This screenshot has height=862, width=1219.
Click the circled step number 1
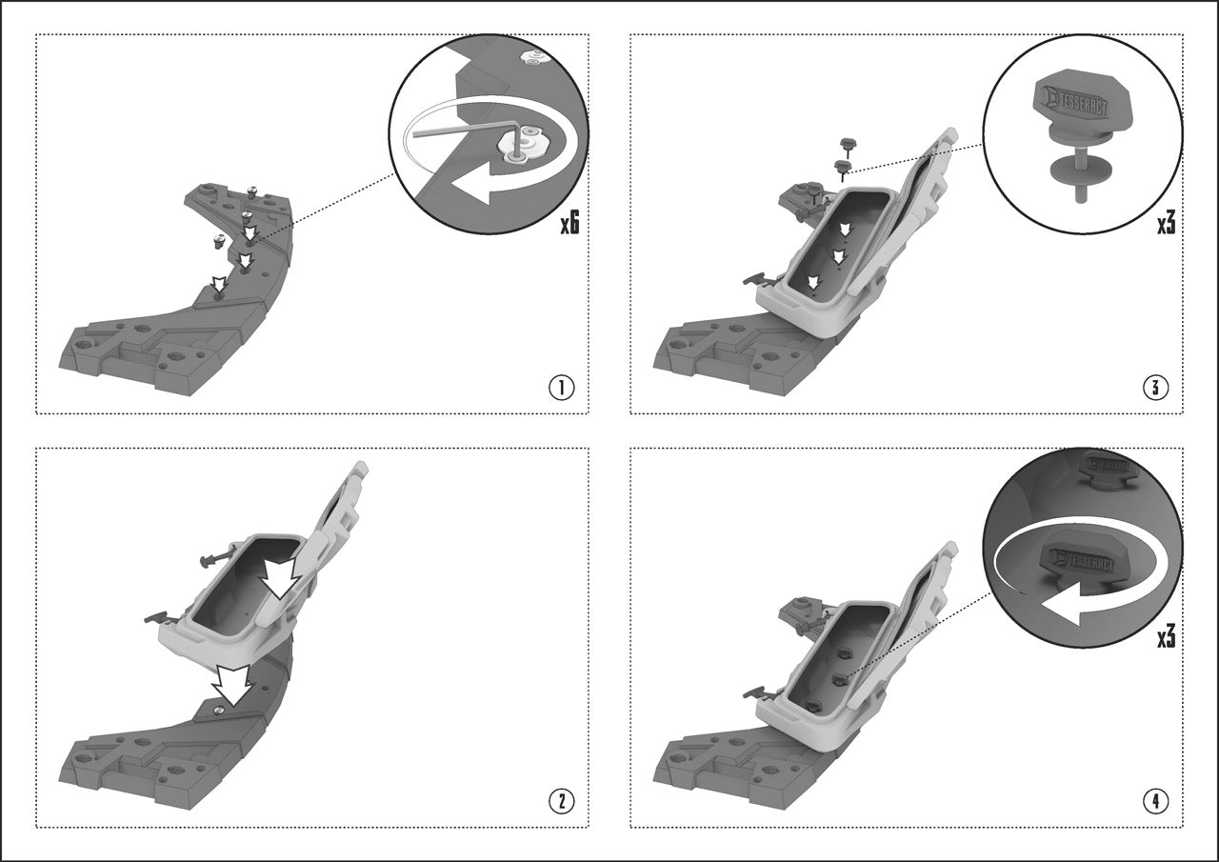(x=561, y=388)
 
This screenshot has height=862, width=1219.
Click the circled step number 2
(x=561, y=802)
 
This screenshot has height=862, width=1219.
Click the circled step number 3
(x=1156, y=388)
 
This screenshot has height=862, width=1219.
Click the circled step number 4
(x=1156, y=802)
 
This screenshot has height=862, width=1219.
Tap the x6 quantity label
(x=570, y=224)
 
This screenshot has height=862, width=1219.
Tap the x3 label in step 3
(x=1166, y=224)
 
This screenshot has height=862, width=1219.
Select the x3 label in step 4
(x=1166, y=637)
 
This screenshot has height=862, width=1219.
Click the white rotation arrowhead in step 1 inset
(x=472, y=188)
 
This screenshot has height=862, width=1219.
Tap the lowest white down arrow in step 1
(x=219, y=284)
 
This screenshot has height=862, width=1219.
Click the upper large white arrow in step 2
(x=280, y=578)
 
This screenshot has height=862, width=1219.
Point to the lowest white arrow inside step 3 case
(x=813, y=282)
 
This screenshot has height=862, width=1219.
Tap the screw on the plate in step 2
(x=219, y=709)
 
